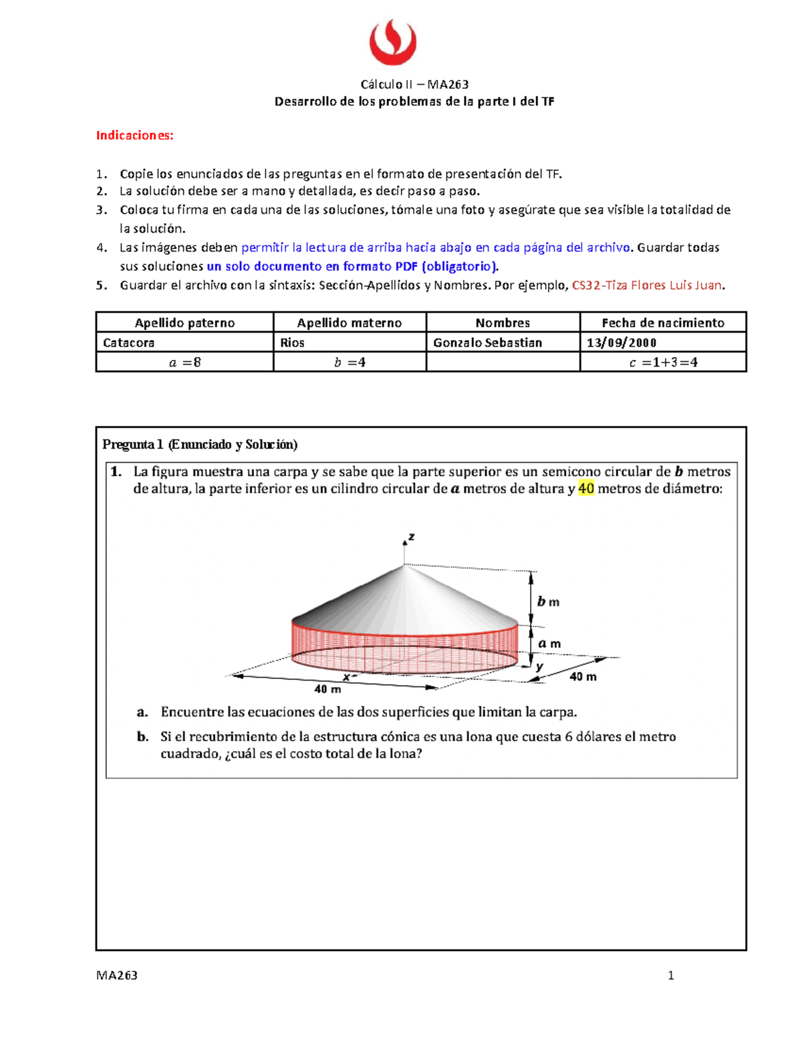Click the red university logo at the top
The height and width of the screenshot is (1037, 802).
pos(393,42)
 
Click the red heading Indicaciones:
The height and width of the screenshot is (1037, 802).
pos(134,136)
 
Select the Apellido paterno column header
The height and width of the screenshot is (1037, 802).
pos(184,323)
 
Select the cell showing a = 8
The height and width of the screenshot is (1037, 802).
pos(184,363)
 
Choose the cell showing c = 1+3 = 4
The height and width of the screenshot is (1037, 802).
pos(663,363)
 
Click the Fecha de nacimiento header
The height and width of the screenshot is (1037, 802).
pos(663,323)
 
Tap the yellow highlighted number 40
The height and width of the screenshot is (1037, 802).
pos(586,489)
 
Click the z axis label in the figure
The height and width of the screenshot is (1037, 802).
pos(412,537)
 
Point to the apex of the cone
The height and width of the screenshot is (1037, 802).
pos(404,566)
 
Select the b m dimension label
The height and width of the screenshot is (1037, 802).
pos(548,602)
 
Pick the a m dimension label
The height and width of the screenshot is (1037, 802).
pos(549,644)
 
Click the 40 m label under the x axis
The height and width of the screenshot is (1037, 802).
pos(327,689)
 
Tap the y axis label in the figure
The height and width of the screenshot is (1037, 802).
pos(539,666)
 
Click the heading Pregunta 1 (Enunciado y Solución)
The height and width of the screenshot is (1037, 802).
pos(200,445)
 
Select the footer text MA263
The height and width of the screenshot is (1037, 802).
pos(117,976)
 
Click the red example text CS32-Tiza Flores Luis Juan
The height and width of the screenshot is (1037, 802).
pos(647,286)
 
